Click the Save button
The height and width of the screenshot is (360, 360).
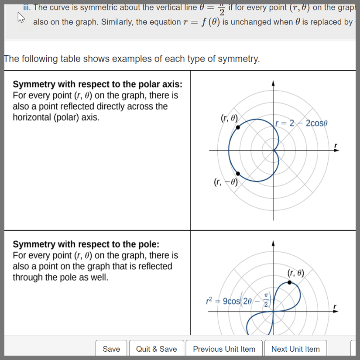click(x=111, y=349)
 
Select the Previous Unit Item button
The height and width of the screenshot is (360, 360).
click(x=224, y=349)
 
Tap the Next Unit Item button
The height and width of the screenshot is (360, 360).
click(x=295, y=349)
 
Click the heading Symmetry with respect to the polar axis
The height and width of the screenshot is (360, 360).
click(x=98, y=84)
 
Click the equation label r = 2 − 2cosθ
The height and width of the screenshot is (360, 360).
click(x=302, y=123)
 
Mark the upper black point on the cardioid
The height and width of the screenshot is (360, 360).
click(x=238, y=127)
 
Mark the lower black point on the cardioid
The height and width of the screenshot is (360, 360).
click(x=238, y=174)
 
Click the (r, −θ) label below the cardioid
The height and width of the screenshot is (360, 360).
click(x=226, y=182)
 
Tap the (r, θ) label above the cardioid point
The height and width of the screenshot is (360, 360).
click(x=230, y=117)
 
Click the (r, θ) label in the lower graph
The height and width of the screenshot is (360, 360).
click(x=296, y=273)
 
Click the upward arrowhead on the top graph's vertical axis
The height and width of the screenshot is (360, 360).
click(x=273, y=83)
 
